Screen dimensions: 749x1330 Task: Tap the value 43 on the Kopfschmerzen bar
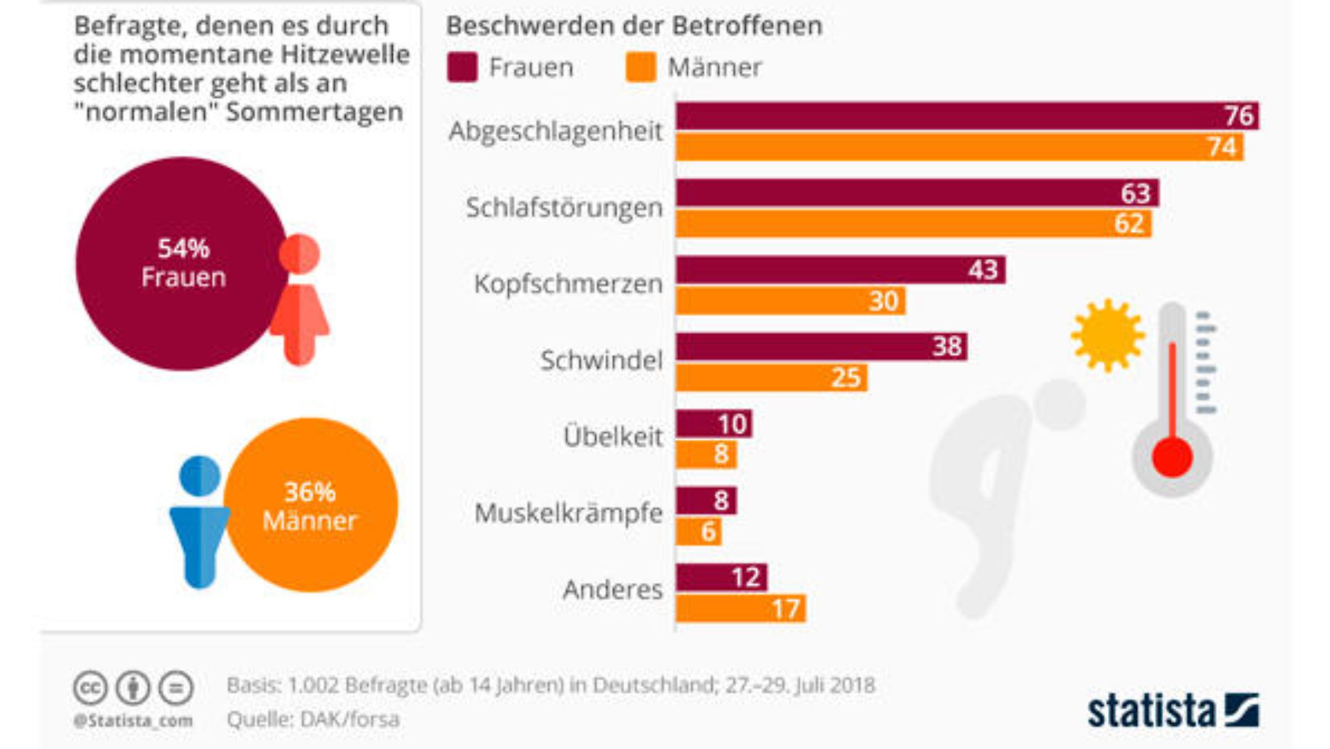tap(983, 270)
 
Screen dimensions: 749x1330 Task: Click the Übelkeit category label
tap(612, 437)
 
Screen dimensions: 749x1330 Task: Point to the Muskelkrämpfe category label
tap(568, 513)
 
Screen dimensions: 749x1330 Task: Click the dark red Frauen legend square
tap(463, 67)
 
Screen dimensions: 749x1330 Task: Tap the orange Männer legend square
tap(640, 67)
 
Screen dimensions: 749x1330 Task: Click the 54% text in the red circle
tap(183, 249)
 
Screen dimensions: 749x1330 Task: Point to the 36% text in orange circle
tap(310, 492)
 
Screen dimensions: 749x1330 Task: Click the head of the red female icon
tap(299, 254)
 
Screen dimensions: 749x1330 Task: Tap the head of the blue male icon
tap(199, 476)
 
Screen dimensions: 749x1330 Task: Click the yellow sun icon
tap(1107, 336)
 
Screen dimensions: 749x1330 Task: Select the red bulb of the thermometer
tap(1172, 458)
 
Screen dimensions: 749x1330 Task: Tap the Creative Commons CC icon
tap(90, 688)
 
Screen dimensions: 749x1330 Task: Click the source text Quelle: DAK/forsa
tap(313, 719)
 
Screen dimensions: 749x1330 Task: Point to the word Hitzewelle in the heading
tap(345, 54)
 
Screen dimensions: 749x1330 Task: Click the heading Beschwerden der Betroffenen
tap(634, 26)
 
